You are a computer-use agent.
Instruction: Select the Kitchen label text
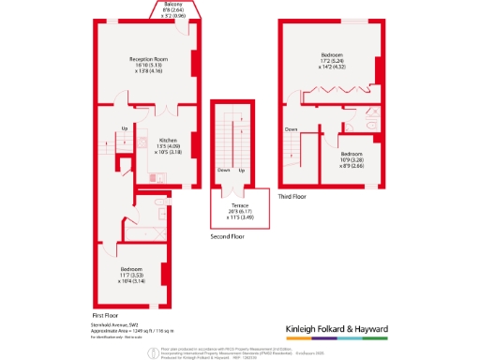coord(168,140)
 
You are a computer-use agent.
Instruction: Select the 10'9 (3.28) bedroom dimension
coord(352,159)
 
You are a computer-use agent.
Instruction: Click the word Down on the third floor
coord(291,129)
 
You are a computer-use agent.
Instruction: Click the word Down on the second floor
coord(223,170)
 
